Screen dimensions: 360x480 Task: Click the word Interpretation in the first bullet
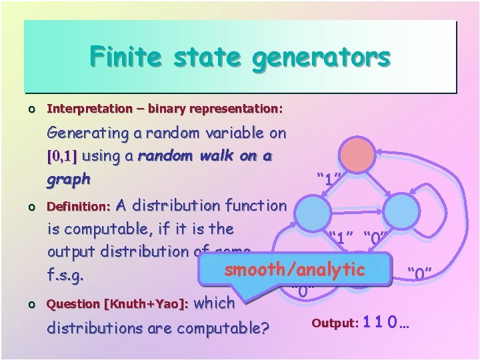coord(90,108)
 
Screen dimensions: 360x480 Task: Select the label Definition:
coord(73,207)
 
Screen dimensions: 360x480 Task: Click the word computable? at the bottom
coord(220,327)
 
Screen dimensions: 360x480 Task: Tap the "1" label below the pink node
coord(329,179)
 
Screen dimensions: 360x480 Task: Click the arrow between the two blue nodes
coord(357,211)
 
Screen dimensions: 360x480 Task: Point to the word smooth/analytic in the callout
coord(295,270)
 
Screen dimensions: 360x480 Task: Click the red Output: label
coord(335,324)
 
